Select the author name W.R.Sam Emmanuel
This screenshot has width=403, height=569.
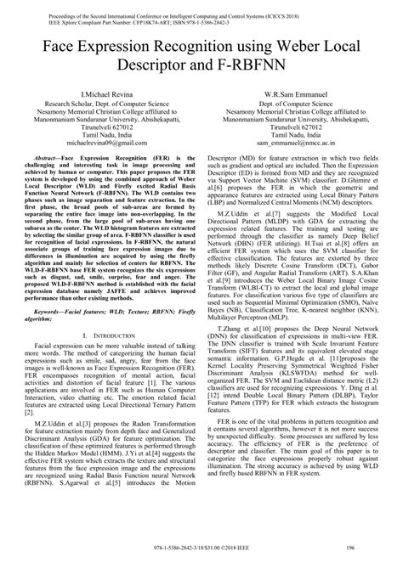(x=294, y=93)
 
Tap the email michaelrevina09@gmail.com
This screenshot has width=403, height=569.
(x=108, y=145)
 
